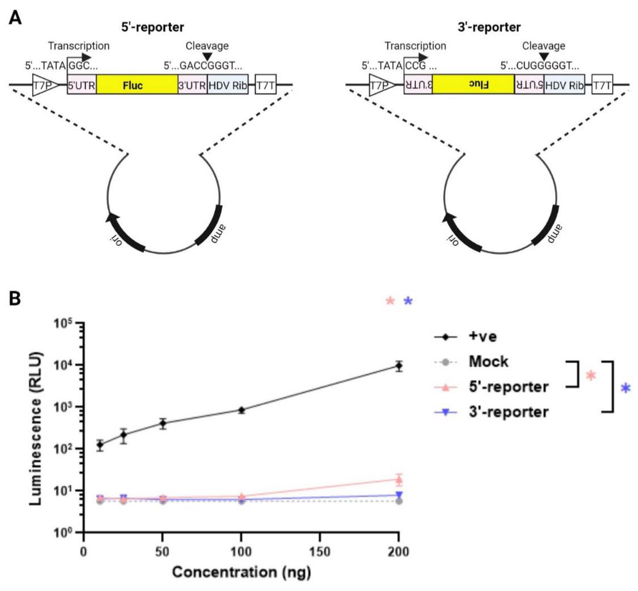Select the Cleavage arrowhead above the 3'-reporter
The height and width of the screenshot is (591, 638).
(x=544, y=57)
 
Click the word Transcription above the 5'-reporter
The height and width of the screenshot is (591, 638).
(x=79, y=46)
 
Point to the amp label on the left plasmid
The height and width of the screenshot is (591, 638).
(x=218, y=234)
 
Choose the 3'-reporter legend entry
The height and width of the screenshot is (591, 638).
(x=508, y=412)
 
